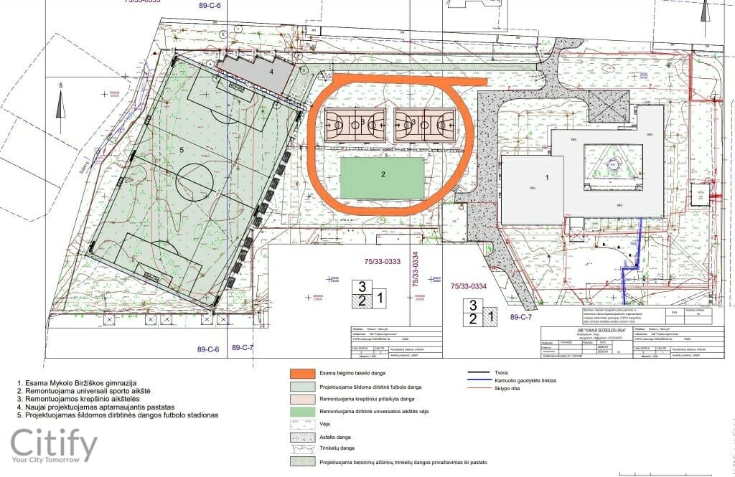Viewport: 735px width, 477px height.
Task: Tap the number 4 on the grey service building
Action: [271, 72]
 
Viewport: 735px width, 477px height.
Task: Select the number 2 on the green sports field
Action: [383, 174]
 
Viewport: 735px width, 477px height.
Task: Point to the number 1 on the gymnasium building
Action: [546, 176]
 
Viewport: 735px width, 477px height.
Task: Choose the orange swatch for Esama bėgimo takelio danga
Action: [311, 374]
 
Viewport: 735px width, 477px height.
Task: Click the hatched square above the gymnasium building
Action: [609, 105]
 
